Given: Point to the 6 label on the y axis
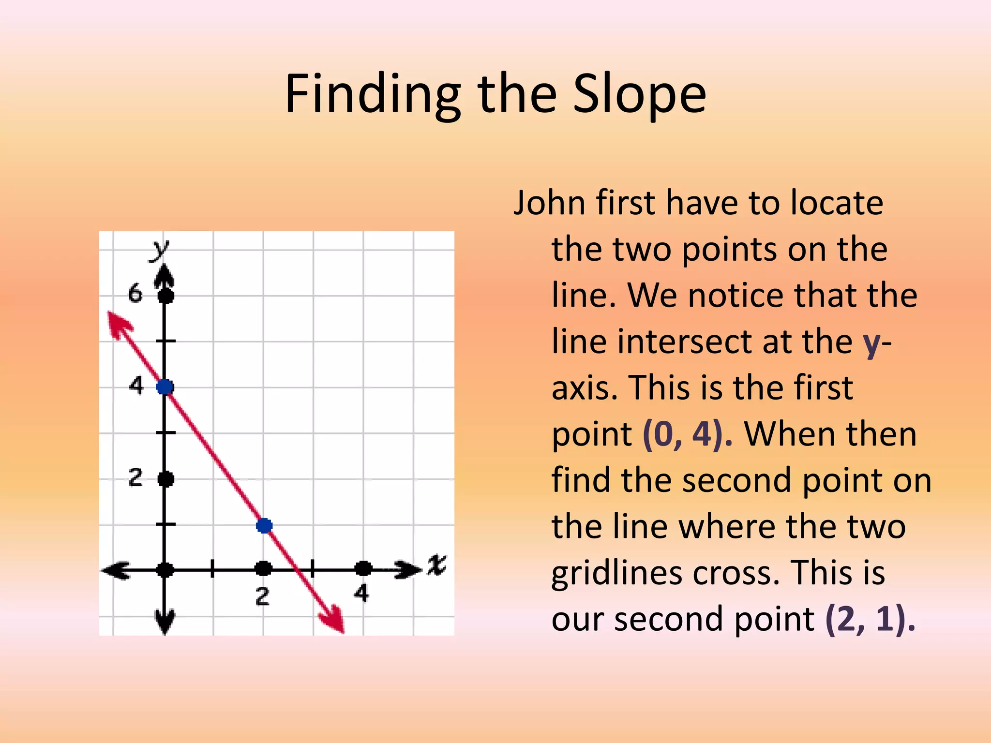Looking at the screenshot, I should click(135, 294).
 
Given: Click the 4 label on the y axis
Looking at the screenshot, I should click(136, 386).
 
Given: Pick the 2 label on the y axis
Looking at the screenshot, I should click(135, 477).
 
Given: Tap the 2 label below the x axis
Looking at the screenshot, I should click(262, 597).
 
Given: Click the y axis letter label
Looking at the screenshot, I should click(159, 250).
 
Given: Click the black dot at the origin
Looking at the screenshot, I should click(165, 570).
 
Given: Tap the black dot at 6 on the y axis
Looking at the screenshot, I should click(166, 296).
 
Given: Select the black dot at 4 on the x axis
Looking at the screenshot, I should click(363, 569).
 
